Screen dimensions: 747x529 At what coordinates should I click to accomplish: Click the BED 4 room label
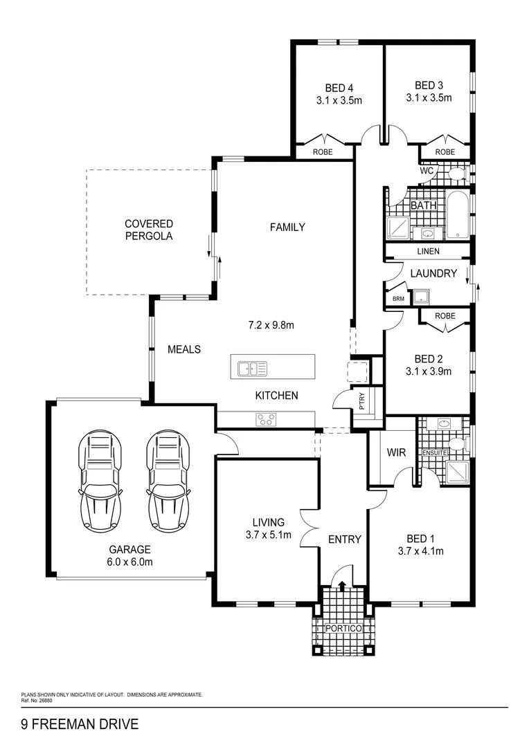pyautogui.click(x=339, y=88)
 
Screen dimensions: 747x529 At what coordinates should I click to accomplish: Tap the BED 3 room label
pyautogui.click(x=429, y=85)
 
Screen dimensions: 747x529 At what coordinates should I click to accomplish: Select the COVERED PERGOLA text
pyautogui.click(x=149, y=230)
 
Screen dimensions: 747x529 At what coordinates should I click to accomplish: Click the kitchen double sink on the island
pyautogui.click(x=253, y=369)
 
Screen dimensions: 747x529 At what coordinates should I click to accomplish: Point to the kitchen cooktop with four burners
pyautogui.click(x=266, y=419)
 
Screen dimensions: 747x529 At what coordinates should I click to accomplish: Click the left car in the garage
pyautogui.click(x=100, y=482)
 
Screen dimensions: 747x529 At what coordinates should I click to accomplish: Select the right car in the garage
pyautogui.click(x=168, y=482)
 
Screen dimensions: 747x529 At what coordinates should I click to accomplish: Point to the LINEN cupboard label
pyautogui.click(x=428, y=251)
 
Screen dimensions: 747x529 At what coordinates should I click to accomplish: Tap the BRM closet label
pyautogui.click(x=397, y=299)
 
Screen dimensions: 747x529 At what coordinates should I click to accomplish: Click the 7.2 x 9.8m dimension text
pyautogui.click(x=271, y=324)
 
